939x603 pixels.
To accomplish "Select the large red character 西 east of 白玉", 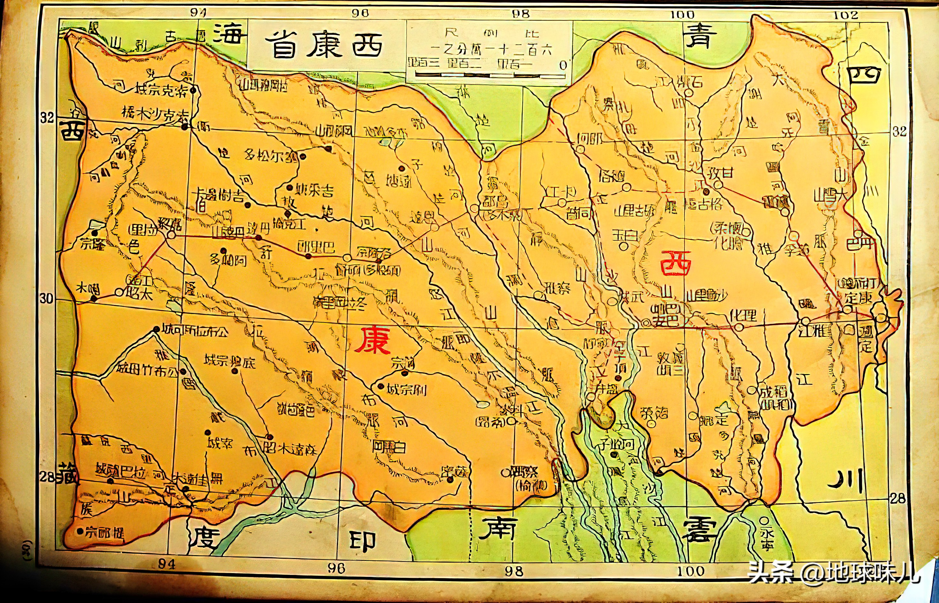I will pyautogui.click(x=675, y=262).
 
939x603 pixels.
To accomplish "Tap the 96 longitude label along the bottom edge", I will pyautogui.click(x=336, y=568).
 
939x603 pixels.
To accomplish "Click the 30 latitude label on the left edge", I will pyautogui.click(x=46, y=299).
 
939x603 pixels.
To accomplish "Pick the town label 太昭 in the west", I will pyautogui.click(x=139, y=294).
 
